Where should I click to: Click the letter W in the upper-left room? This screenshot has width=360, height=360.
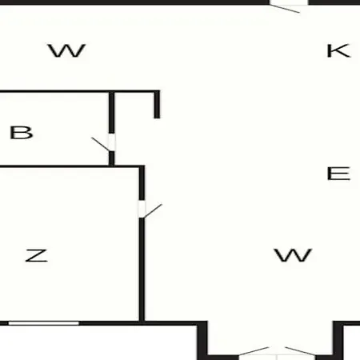coord(66,50)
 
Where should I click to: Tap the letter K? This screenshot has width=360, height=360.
coord(338,50)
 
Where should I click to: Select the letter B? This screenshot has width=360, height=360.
coord(22,132)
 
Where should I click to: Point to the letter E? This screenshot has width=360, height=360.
coord(338,174)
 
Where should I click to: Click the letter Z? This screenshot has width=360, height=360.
coord(37,255)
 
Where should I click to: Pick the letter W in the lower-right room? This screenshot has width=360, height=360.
coord(293,255)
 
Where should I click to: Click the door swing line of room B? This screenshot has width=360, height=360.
coord(100,144)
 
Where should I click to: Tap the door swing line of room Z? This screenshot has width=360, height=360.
coord(153,211)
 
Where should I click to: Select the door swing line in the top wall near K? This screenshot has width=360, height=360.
coord(285,8)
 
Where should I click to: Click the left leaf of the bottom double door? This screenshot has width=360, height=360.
coord(254,351)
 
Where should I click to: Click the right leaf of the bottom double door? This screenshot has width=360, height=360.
coord(300,351)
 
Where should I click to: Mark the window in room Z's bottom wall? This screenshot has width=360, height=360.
coord(44,323)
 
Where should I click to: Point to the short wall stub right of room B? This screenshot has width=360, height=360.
coord(157,104)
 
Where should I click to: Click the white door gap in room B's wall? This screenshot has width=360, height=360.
coord(112,142)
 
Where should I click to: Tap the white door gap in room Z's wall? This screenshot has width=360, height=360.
coord(142,209)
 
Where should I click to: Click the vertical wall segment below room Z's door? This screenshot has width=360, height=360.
coord(142,270)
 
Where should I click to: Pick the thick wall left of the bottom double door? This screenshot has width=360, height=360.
coord(202,341)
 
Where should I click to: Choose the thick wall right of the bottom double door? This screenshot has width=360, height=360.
coord(338,341)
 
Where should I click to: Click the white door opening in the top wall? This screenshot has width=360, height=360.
coord(289,2)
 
